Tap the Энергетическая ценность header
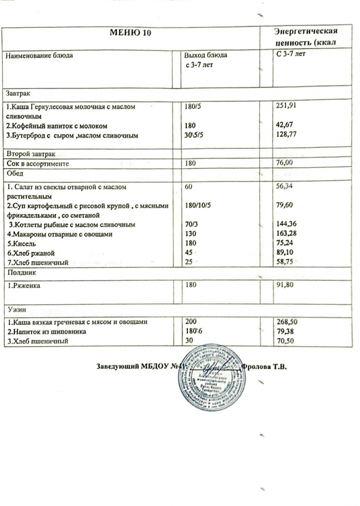coord(305,37)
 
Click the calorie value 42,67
coord(282,125)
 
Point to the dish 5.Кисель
coord(19,243)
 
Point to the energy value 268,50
coord(284,322)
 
